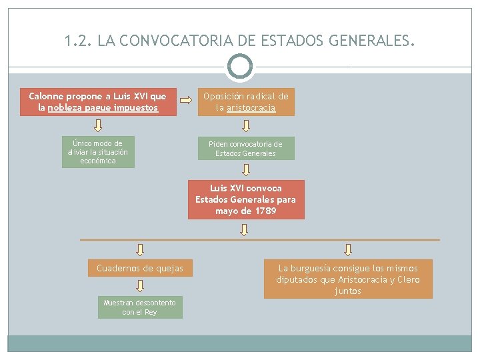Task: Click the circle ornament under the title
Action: point(240,67)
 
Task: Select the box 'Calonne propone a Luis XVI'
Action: point(98,102)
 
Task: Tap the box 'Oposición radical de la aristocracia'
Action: point(246,102)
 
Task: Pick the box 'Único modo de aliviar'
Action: point(98,152)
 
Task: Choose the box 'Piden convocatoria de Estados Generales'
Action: point(245,149)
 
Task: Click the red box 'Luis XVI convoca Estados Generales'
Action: point(245,199)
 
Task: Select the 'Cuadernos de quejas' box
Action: point(140,269)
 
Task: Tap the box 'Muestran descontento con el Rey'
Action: point(140,307)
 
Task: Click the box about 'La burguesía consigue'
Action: point(348,279)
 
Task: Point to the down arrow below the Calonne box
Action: point(98,125)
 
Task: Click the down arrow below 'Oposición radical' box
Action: point(245,125)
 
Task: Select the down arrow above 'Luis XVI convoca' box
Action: point(245,169)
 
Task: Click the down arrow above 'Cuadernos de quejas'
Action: point(140,249)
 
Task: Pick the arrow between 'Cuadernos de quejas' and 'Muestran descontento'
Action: point(140,286)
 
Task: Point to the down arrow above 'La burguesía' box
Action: point(348,249)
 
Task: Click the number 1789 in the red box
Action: point(265,211)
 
